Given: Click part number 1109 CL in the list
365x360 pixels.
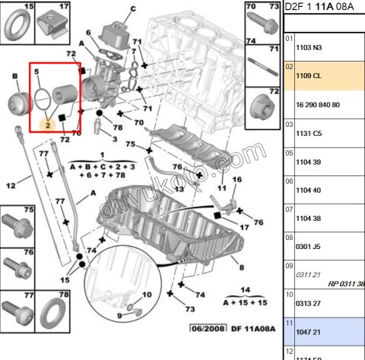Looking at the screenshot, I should pos(308,76).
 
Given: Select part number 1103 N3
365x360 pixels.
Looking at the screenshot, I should pos(308,47).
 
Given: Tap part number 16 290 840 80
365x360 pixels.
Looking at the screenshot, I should pos(319,104).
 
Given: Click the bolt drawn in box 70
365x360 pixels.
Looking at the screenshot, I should pos(263,24).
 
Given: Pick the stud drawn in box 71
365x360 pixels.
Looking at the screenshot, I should pos(263,65).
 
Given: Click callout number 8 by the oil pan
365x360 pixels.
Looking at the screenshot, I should pos(240,267).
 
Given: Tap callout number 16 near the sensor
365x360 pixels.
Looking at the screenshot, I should pos(236,179).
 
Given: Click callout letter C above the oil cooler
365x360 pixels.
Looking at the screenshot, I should pos(132,8).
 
